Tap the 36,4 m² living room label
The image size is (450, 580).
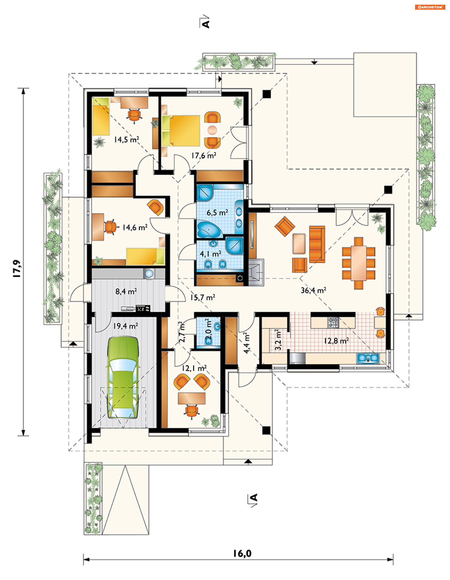tap(313, 290)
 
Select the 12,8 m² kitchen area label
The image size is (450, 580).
tap(336, 341)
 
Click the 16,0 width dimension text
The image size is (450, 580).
tap(242, 554)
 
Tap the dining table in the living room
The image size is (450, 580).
tap(358, 263)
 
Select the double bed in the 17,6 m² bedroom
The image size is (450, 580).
tap(181, 131)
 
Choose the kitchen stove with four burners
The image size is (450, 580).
tap(333, 323)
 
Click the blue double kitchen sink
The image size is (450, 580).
tap(368, 358)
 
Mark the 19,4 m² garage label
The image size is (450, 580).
tap(126, 326)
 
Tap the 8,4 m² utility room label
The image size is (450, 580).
tap(126, 292)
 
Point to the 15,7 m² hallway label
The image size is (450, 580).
tap(202, 297)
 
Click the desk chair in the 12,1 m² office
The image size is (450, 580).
tap(191, 411)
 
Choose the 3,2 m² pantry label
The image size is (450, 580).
tap(278, 340)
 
